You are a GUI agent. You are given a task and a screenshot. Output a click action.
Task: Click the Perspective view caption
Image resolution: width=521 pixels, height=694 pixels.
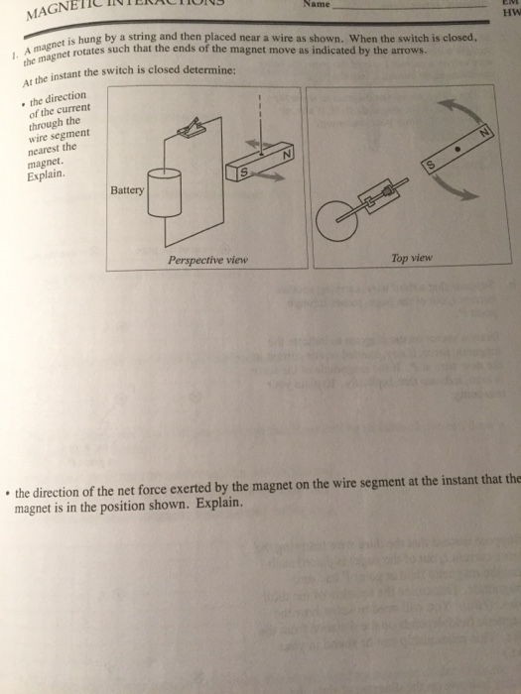207,260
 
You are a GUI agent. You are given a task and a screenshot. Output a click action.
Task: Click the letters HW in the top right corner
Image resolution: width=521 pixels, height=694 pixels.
510,16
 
